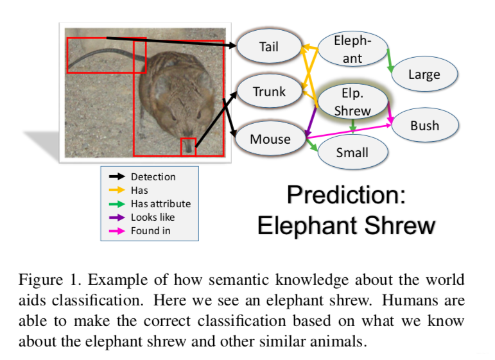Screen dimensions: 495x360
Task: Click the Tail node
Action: [x=268, y=47]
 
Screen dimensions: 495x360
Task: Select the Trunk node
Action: [x=269, y=92]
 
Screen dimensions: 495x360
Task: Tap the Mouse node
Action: [x=270, y=139]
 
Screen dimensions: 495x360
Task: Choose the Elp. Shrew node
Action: [x=352, y=101]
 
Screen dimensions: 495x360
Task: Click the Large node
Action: [x=424, y=74]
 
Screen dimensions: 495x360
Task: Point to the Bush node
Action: [x=424, y=126]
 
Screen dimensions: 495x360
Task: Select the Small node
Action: [x=352, y=153]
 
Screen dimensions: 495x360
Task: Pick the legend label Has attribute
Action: [x=161, y=203]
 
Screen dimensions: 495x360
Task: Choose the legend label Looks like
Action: [x=153, y=217]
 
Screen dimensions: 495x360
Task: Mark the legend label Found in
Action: [x=151, y=230]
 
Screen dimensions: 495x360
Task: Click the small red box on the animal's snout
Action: [x=187, y=147]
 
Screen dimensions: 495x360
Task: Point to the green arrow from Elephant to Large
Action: [x=390, y=60]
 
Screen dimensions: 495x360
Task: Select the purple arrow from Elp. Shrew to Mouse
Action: [x=311, y=122]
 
